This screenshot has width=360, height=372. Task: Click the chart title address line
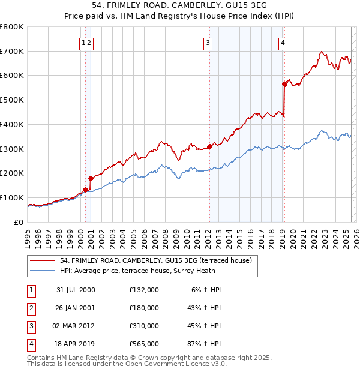tap(180, 4)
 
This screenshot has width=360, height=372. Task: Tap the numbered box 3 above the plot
tap(208, 43)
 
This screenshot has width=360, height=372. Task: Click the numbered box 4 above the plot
tap(282, 43)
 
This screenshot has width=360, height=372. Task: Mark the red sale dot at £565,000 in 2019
tap(284, 85)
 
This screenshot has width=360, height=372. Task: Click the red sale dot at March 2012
tap(209, 146)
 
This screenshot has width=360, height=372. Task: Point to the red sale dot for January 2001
tap(91, 178)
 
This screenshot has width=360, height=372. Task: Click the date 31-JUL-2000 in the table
tap(76, 290)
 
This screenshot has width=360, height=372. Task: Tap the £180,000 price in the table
tap(144, 308)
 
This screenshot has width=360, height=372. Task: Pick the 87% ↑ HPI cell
tap(205, 344)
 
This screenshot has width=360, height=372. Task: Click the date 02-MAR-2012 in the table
tap(76, 326)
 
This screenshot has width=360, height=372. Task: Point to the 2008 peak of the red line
tap(161, 142)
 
